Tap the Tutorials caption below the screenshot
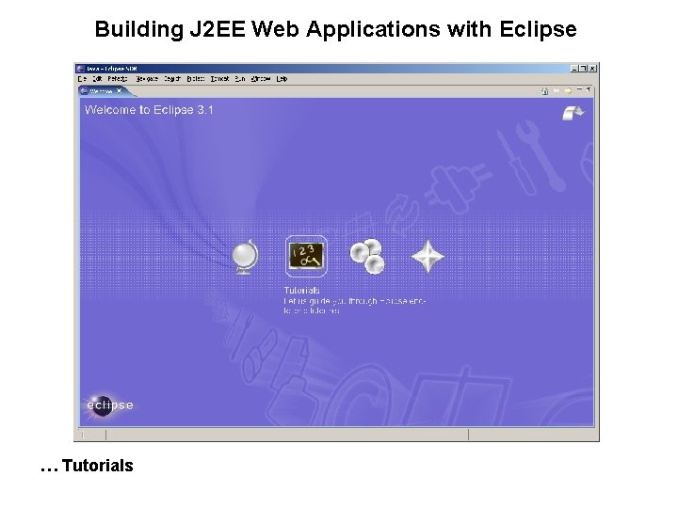click(97, 465)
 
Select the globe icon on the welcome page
click(245, 256)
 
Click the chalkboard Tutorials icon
click(306, 255)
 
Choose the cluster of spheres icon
click(366, 255)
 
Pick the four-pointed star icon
click(428, 256)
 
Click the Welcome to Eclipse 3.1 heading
click(149, 110)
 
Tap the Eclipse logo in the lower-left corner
click(108, 405)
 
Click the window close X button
click(593, 69)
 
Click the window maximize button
click(584, 69)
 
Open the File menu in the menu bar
click(82, 79)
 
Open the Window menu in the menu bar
click(262, 79)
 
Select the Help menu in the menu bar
click(282, 79)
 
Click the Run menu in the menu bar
click(241, 79)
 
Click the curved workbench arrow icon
click(572, 112)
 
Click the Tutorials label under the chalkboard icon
click(301, 291)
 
